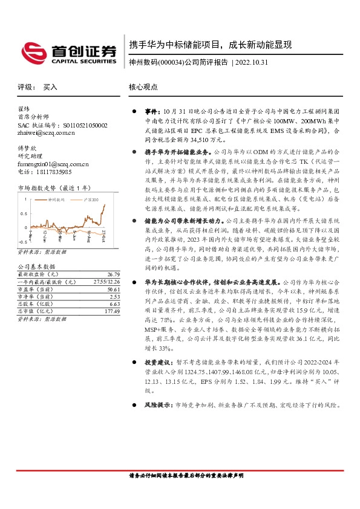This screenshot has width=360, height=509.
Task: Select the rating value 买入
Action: [x=50, y=87]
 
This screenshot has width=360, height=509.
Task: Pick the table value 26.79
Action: [x=106, y=274]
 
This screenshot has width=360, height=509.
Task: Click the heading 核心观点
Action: [x=143, y=87]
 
